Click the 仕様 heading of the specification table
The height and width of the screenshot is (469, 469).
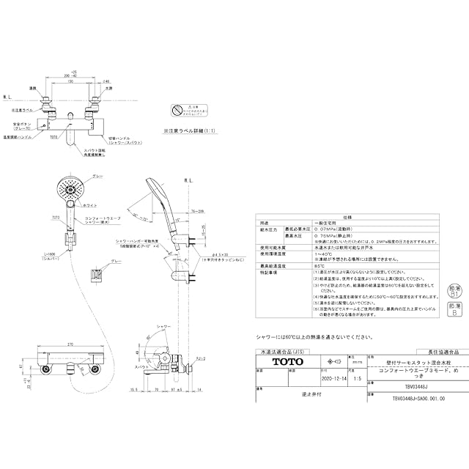point(348,217)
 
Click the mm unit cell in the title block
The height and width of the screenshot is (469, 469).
point(358,362)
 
